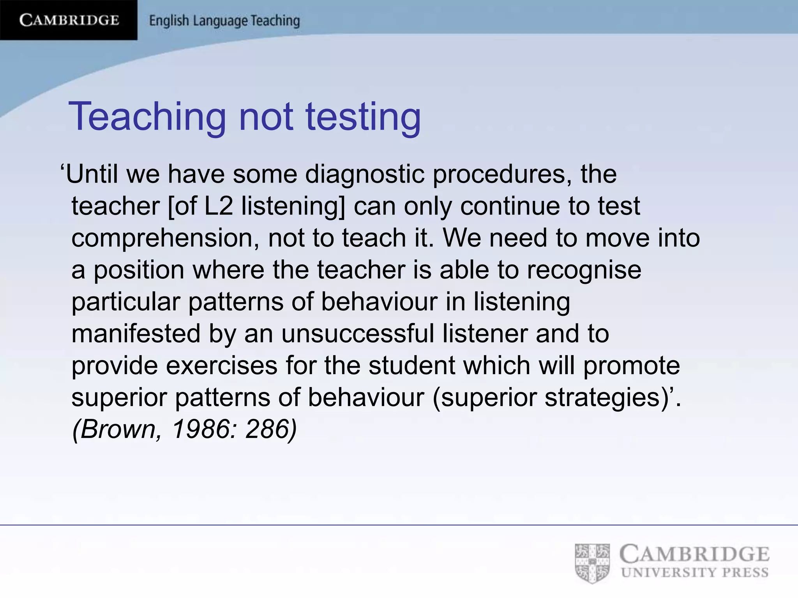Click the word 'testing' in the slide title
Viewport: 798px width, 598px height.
point(363,117)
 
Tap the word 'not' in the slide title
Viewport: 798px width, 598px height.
point(266,117)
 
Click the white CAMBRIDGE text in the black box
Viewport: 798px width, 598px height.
point(69,20)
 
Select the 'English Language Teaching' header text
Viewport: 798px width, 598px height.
point(224,21)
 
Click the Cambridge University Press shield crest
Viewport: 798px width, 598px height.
point(592,563)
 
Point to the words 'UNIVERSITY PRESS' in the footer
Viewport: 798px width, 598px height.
point(695,573)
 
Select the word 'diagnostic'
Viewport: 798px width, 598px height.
point(365,174)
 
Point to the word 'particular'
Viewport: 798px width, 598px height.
point(125,302)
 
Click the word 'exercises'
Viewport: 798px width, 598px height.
point(222,366)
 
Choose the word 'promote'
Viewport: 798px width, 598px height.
point(632,366)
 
